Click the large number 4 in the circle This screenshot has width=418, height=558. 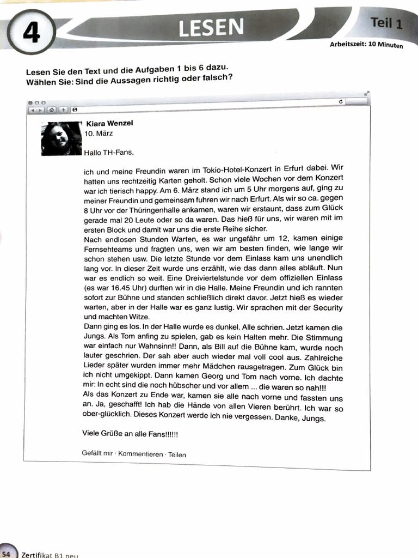click(32, 34)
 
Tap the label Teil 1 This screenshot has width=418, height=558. click(386, 23)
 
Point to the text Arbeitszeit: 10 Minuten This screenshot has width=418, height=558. click(366, 44)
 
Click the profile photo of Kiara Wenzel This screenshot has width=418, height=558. click(61, 139)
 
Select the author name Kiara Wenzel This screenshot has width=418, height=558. click(109, 123)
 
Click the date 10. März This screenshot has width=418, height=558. click(99, 133)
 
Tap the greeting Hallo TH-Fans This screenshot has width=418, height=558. click(108, 153)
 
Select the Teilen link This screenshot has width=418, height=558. click(177, 454)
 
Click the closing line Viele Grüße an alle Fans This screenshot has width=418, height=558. click(130, 434)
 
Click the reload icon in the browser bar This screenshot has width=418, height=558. click(341, 102)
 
